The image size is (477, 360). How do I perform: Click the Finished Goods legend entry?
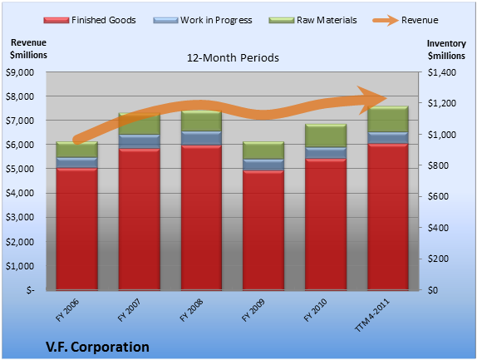(x=90, y=20)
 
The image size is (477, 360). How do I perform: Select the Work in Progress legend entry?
(x=203, y=20)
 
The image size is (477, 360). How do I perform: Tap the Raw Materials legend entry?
(x=312, y=20)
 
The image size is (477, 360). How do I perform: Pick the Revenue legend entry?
(x=406, y=20)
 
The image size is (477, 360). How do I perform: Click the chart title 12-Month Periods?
(x=233, y=57)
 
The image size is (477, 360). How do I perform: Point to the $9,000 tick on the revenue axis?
(x=20, y=72)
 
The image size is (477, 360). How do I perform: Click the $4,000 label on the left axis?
(x=20, y=193)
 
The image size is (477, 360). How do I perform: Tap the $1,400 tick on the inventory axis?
(x=442, y=72)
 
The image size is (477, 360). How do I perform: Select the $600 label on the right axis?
(x=438, y=196)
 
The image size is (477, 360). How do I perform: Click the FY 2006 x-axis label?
(x=67, y=310)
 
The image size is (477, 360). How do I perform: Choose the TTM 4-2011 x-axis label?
(x=371, y=315)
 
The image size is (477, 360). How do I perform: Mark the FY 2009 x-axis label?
(x=253, y=310)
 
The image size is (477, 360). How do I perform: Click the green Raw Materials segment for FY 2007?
(x=140, y=124)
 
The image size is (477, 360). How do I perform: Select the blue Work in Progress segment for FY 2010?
(x=326, y=153)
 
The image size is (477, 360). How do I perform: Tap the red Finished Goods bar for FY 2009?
(x=263, y=229)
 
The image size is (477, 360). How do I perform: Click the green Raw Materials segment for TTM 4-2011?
(x=388, y=119)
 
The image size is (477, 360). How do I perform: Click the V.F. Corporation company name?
(x=98, y=347)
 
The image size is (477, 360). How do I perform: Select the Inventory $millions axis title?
(x=446, y=50)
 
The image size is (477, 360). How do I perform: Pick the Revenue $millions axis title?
(x=28, y=49)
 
